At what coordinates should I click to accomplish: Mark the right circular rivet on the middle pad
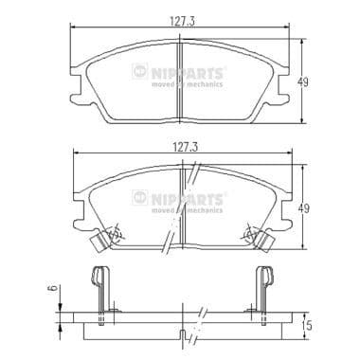249,231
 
